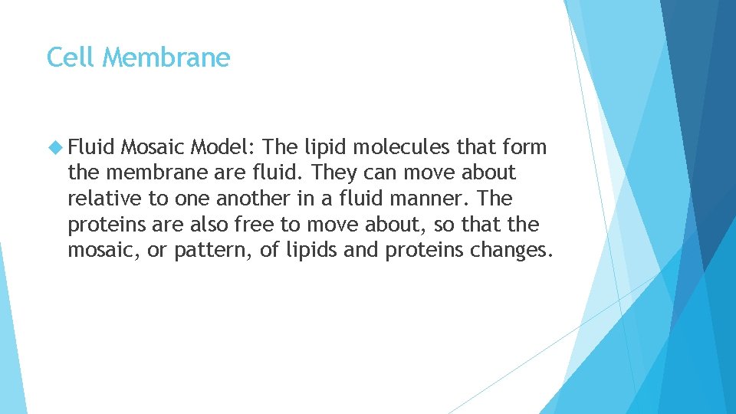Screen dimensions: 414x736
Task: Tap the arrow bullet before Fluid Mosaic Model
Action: (x=54, y=147)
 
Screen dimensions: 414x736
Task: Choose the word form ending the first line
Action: (x=522, y=147)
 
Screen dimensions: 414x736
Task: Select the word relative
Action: (x=104, y=199)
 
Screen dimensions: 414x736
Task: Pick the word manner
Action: (x=430, y=199)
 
